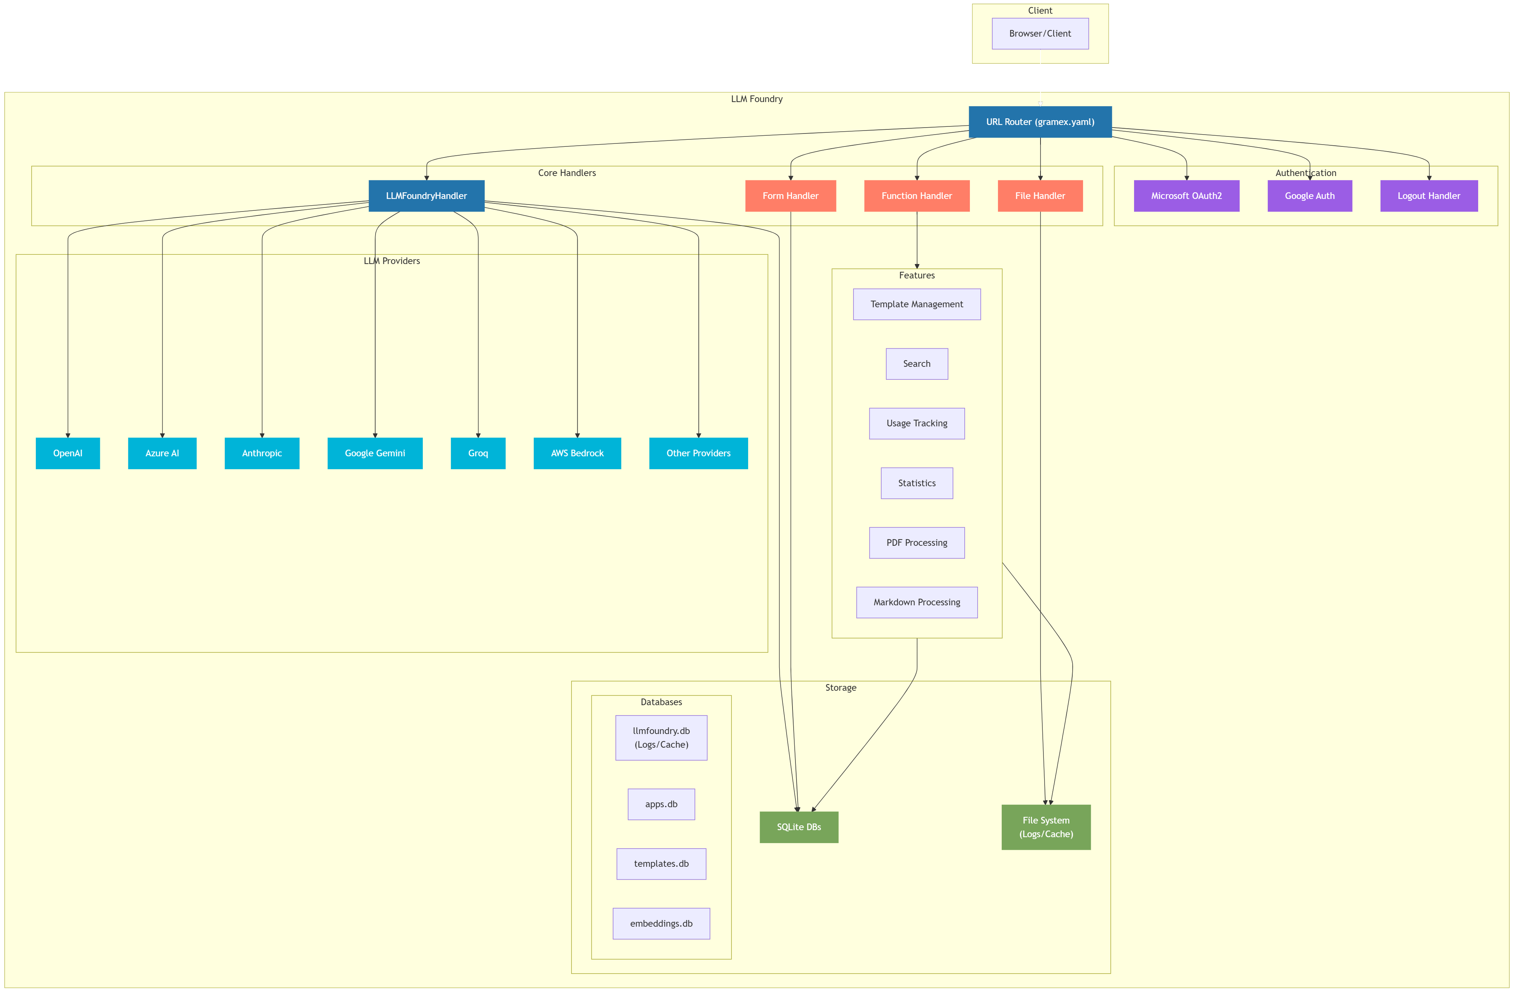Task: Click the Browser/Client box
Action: point(1040,34)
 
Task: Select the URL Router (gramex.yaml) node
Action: point(1040,122)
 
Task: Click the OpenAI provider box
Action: point(67,453)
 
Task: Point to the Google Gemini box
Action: point(375,453)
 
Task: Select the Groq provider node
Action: point(478,453)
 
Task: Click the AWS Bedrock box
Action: point(577,453)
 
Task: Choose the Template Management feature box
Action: point(917,304)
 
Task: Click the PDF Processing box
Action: point(917,543)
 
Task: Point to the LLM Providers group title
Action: point(392,261)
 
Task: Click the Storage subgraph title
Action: point(840,687)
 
